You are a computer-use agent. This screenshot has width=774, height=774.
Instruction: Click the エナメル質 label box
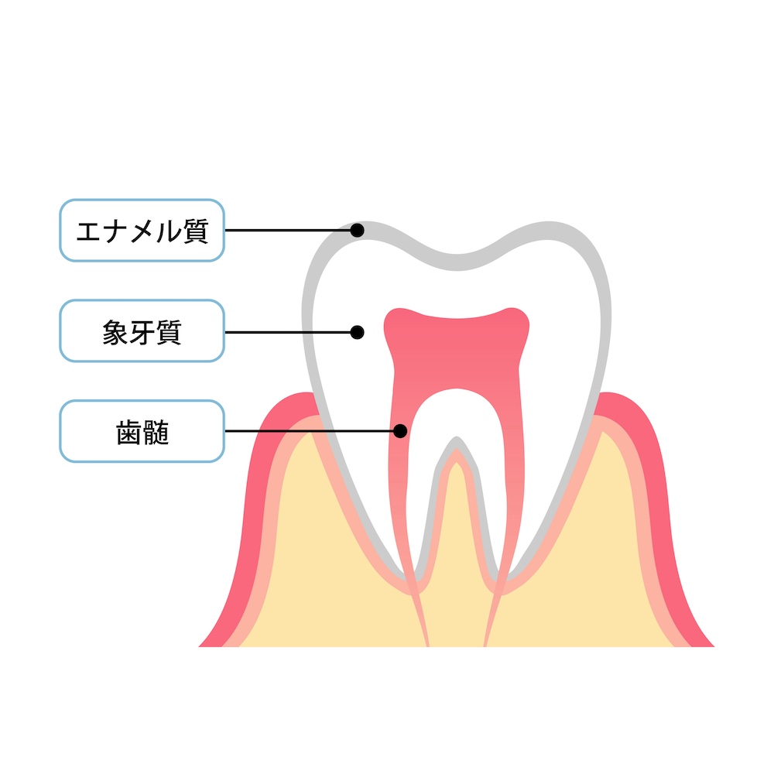(x=142, y=230)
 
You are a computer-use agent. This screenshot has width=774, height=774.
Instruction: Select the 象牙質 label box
(x=142, y=330)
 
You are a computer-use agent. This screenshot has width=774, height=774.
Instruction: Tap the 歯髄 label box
(x=142, y=431)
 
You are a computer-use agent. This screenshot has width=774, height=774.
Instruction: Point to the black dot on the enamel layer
(x=357, y=230)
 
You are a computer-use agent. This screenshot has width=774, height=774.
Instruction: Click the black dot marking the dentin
(x=357, y=332)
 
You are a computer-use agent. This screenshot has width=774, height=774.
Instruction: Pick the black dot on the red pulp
(x=400, y=431)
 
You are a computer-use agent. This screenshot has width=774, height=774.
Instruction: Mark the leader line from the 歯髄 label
(x=310, y=431)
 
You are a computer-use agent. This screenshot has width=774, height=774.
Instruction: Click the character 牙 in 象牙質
(x=142, y=332)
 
